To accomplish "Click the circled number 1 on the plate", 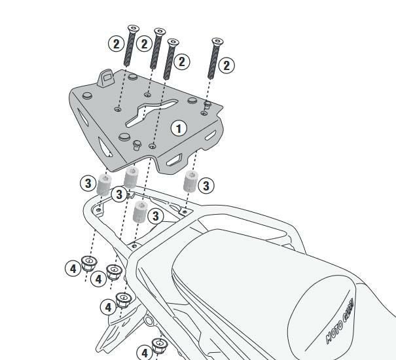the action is [179, 128].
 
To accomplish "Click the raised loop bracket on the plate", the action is [106, 78].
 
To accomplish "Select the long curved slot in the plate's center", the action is [152, 113].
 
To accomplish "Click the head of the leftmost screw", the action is [133, 29].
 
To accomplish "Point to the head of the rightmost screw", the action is [217, 41].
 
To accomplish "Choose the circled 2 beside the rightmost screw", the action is [226, 65].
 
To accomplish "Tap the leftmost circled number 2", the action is [116, 44].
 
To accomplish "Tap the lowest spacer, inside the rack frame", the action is [140, 211].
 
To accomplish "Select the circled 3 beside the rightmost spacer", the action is [206, 186].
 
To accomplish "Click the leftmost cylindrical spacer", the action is [104, 185].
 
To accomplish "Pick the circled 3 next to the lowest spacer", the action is [156, 216].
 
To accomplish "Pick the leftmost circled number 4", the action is [73, 268].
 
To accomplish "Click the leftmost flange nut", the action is [89, 263].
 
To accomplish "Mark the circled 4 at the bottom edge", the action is [145, 353].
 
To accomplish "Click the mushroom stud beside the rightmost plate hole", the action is [207, 105].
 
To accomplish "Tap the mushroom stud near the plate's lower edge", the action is [137, 145].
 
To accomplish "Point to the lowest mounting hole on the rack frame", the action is [134, 245].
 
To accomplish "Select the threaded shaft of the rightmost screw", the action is [213, 62].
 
